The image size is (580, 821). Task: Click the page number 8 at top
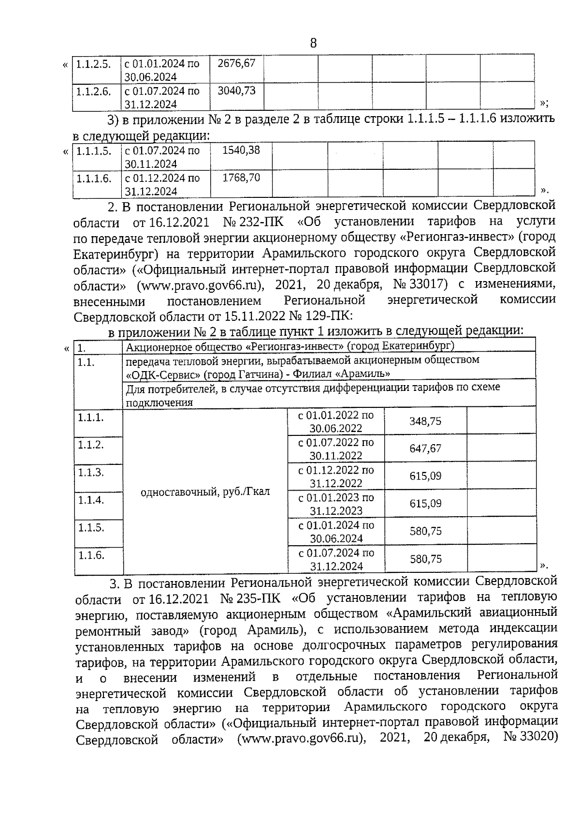click(313, 44)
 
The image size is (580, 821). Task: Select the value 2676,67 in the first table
click(236, 63)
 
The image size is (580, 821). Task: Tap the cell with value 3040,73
click(236, 90)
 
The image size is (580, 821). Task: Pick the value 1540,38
click(241, 150)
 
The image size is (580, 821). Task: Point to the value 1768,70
click(241, 178)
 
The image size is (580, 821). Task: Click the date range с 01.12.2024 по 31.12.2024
click(161, 185)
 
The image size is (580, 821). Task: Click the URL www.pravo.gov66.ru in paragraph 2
click(200, 285)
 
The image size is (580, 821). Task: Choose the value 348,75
click(425, 421)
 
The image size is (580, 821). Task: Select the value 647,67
click(425, 448)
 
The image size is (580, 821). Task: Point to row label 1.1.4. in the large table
click(91, 500)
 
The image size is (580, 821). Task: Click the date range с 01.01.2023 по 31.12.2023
click(336, 504)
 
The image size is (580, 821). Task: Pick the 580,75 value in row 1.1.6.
click(425, 559)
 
